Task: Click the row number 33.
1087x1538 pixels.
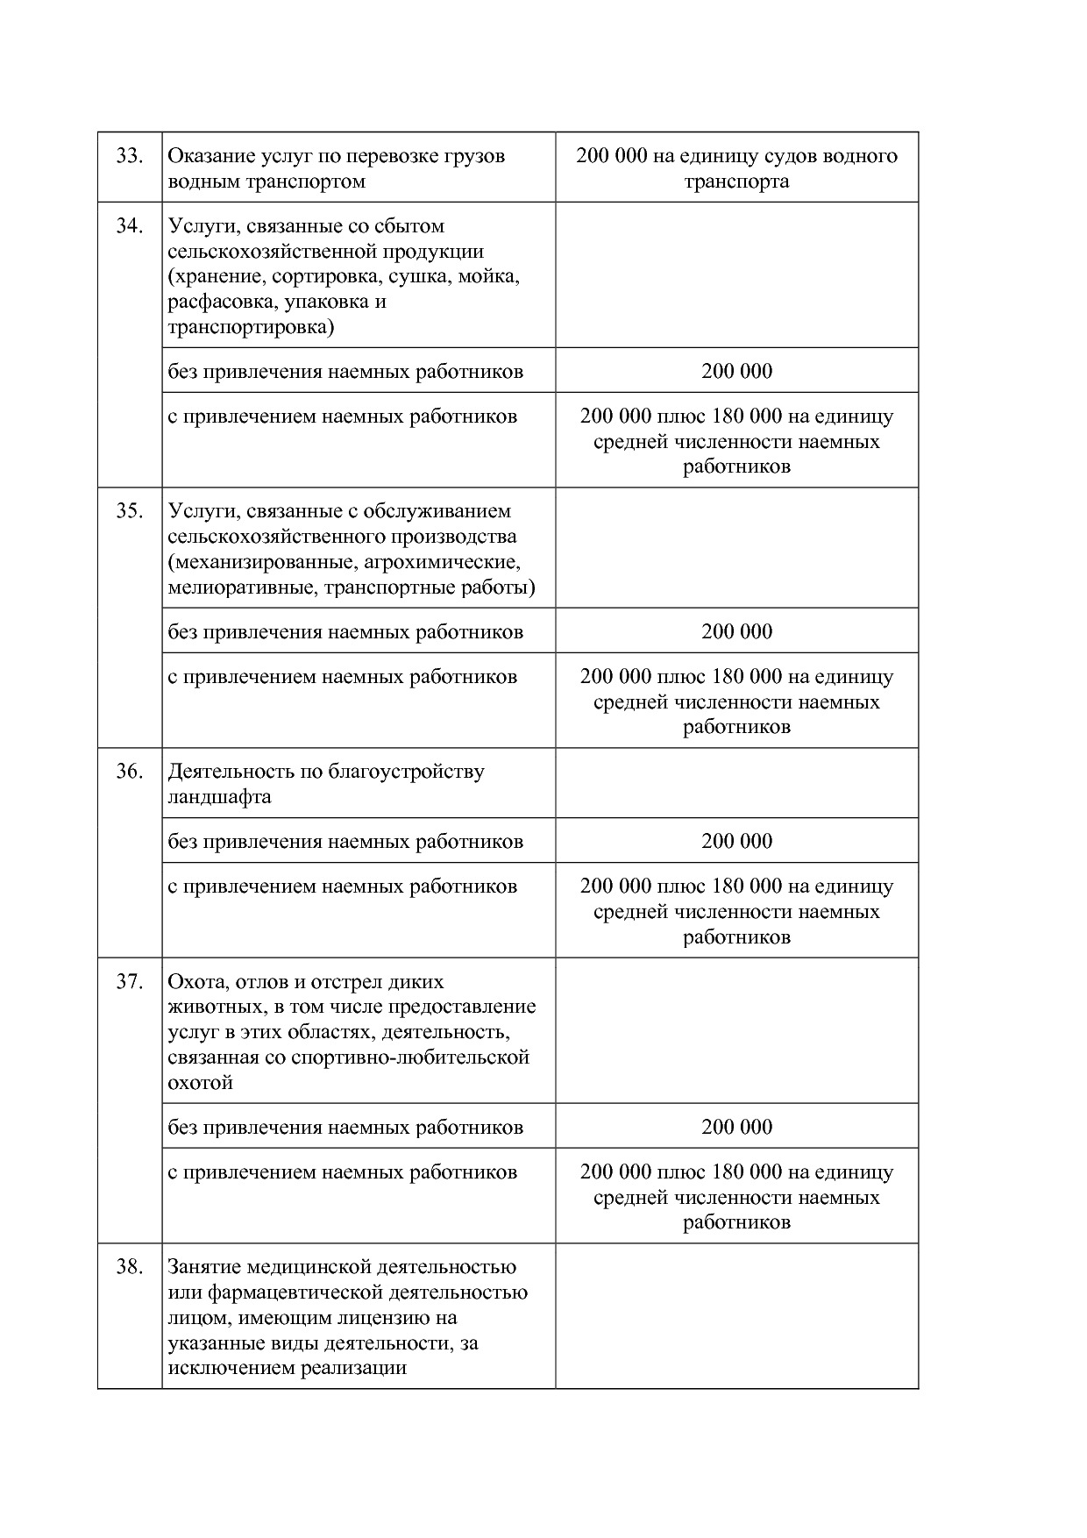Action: point(129,156)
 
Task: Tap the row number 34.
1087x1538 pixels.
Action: point(129,226)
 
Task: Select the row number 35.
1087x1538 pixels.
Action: point(129,511)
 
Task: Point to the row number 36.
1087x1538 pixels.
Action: point(129,772)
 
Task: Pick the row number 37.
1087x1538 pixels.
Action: point(129,982)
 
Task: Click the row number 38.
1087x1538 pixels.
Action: point(129,1267)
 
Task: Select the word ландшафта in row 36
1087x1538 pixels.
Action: point(219,797)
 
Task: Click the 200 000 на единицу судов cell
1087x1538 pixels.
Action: point(736,168)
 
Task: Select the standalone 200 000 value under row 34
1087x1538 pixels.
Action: point(736,371)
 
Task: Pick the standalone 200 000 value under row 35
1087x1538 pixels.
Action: point(736,631)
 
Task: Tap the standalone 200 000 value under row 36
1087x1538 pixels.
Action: point(736,841)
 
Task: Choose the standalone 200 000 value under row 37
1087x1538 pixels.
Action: point(736,1127)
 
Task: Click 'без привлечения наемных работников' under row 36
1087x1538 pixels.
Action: point(345,842)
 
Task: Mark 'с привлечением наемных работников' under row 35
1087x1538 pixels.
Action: point(342,677)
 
